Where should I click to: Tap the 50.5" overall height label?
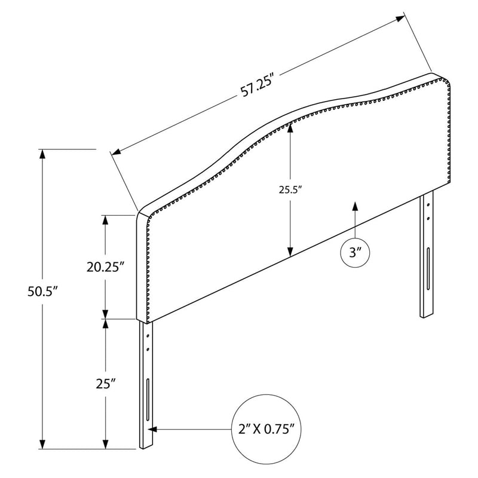[x=42, y=292]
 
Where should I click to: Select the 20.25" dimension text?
[x=106, y=267]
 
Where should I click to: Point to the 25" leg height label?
[x=106, y=384]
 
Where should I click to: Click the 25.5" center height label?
[x=290, y=190]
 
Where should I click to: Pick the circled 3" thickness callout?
[x=355, y=253]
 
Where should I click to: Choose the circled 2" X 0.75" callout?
[x=266, y=429]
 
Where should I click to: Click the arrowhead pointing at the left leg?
[x=152, y=429]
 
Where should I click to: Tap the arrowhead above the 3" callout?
[x=355, y=206]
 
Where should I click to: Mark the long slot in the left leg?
[x=148, y=400]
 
